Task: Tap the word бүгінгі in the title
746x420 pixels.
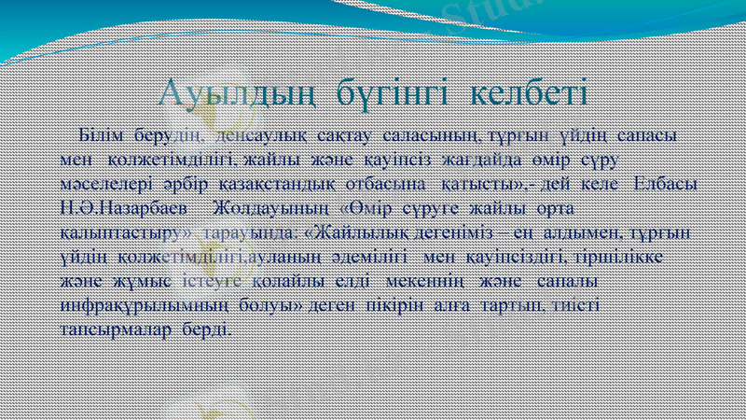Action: click(x=387, y=93)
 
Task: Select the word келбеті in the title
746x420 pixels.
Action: click(x=528, y=93)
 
